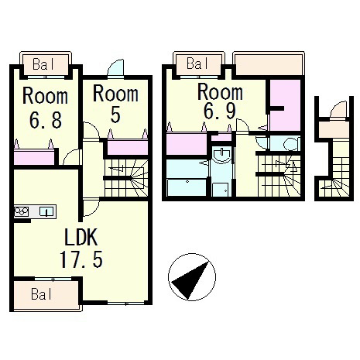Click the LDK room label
[x=81, y=237]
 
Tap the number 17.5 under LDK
[x=81, y=259]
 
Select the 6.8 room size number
[x=46, y=120]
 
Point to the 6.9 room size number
[x=220, y=111]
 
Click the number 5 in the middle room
[x=115, y=115]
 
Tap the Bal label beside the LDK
[x=41, y=294]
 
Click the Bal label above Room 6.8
[x=43, y=64]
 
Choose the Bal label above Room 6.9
[x=197, y=63]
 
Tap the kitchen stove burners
[x=22, y=212]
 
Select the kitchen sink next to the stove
[x=46, y=212]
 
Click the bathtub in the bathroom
[x=187, y=187]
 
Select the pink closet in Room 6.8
[x=34, y=157]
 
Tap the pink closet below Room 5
[x=128, y=147]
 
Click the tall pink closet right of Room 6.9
[x=286, y=105]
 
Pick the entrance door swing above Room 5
[x=116, y=68]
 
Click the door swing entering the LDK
[x=91, y=208]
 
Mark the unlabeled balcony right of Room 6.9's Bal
[x=269, y=64]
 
